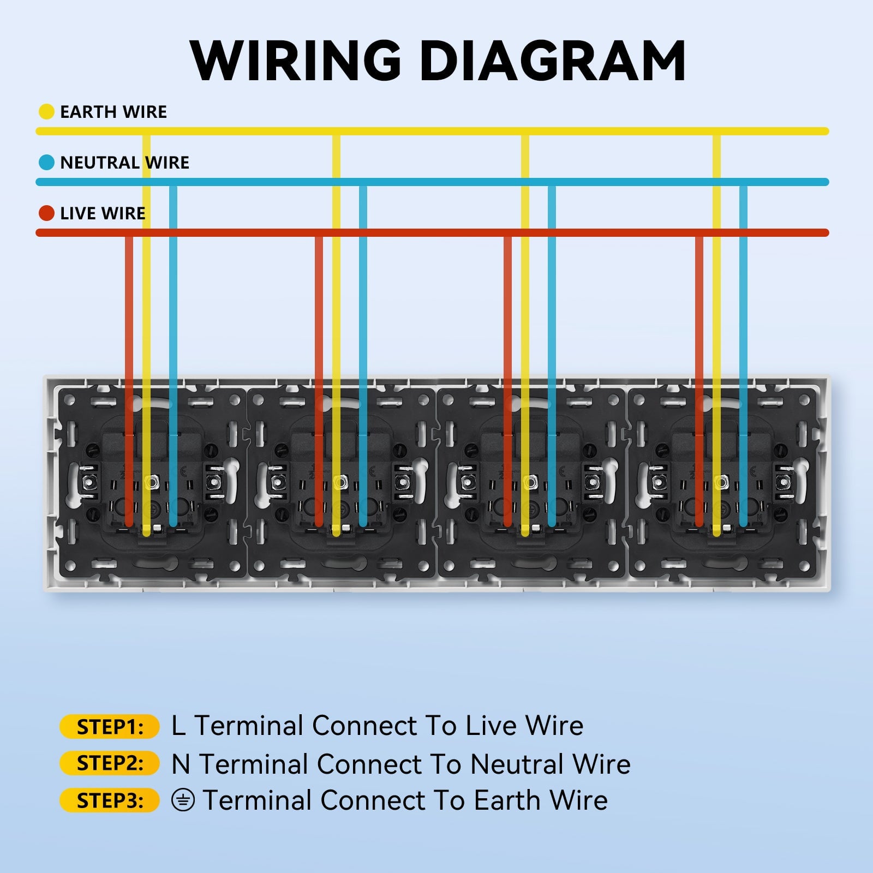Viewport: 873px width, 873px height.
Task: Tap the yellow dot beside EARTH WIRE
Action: (x=46, y=111)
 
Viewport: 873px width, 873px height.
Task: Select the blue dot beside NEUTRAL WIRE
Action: (x=46, y=162)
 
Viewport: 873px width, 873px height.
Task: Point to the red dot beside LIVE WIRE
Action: (x=46, y=213)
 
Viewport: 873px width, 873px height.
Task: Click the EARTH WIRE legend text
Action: (x=113, y=112)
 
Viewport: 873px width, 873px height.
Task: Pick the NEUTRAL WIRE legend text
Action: (x=124, y=163)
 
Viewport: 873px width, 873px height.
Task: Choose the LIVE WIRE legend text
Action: (x=103, y=213)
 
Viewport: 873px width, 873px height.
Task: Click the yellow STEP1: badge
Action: (x=109, y=727)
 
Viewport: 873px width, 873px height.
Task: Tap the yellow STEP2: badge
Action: (x=109, y=763)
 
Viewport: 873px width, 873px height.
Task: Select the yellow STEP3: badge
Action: (x=109, y=800)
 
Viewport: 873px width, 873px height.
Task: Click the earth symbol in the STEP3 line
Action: (x=183, y=800)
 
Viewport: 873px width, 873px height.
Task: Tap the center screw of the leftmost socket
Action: (x=151, y=482)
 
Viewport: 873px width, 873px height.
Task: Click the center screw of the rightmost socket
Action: (x=722, y=482)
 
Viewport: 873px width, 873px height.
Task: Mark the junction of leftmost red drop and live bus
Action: (x=129, y=233)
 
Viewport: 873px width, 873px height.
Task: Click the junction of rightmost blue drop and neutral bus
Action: (x=743, y=182)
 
